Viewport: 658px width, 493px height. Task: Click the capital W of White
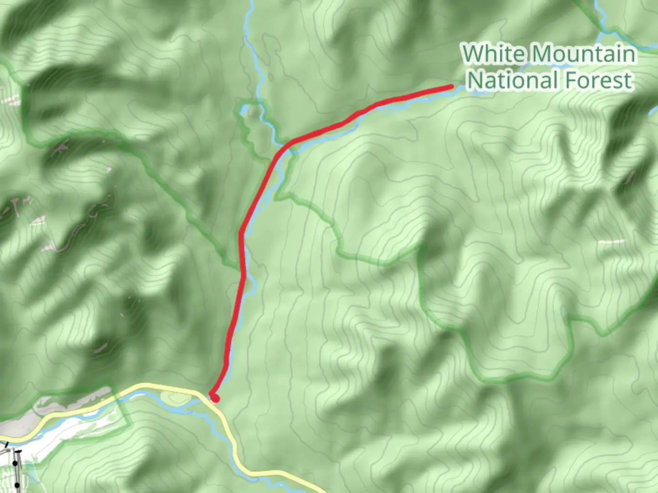click(473, 54)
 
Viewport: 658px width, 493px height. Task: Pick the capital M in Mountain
click(542, 54)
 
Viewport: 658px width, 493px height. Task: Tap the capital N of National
click(476, 80)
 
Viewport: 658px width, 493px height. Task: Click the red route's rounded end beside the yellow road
click(215, 398)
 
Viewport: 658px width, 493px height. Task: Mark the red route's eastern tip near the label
click(451, 86)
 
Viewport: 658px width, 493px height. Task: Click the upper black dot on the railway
click(15, 463)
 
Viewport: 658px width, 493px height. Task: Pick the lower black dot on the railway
click(16, 484)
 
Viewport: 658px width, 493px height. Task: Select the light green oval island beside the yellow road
click(176, 399)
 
